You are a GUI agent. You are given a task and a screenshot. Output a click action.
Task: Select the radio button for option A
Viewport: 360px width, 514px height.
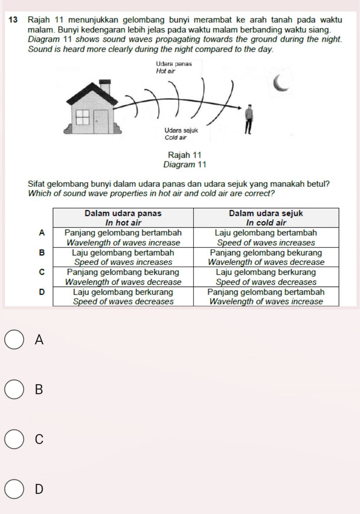14,339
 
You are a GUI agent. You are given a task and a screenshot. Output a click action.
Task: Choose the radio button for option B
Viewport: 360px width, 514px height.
14,389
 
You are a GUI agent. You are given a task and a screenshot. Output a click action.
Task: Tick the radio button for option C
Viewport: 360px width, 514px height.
14,439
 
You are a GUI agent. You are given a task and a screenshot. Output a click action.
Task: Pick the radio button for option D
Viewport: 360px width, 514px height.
14,489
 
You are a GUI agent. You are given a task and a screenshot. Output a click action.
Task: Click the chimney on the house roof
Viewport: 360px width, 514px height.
105,87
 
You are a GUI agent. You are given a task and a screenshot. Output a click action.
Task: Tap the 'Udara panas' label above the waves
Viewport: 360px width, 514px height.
174,64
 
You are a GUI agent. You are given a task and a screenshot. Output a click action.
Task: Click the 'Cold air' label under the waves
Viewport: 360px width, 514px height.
176,137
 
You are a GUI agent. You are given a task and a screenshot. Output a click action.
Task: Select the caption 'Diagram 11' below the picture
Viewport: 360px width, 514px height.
184,165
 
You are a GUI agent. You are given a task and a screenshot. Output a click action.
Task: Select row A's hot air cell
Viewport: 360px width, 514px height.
123,237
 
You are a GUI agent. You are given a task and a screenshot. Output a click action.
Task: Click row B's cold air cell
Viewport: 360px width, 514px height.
266,257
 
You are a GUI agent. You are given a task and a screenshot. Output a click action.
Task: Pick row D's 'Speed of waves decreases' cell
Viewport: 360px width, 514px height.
123,297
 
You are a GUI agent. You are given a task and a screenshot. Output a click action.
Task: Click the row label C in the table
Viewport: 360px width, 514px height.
42,272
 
